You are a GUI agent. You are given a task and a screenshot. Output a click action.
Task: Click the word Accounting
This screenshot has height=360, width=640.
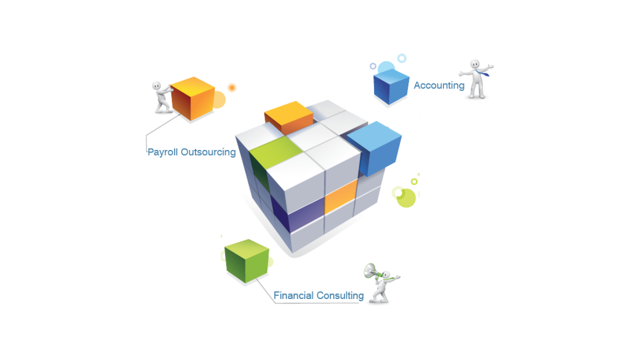coord(438,85)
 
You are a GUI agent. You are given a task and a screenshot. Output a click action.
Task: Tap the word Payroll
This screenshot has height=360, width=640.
coord(162,152)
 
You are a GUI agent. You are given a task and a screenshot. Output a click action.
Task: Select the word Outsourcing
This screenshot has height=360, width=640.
coord(208,152)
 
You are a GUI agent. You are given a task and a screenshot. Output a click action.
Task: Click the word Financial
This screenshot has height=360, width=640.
coord(294,295)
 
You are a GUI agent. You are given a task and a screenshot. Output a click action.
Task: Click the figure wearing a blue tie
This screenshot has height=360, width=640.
coord(476,79)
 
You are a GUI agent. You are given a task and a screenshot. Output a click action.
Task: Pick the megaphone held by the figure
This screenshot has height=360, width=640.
coord(370,270)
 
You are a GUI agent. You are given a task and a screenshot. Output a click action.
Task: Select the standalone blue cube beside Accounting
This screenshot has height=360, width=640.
coord(391,87)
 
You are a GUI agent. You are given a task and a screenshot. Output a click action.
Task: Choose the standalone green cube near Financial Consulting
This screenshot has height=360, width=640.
coord(247,260)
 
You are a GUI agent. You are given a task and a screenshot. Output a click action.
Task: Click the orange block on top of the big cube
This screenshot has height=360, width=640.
coord(288,116)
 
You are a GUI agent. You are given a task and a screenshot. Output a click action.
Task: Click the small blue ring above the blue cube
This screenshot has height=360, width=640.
coord(401,58)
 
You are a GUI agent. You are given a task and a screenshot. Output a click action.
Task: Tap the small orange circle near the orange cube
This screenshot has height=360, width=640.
coord(231,87)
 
